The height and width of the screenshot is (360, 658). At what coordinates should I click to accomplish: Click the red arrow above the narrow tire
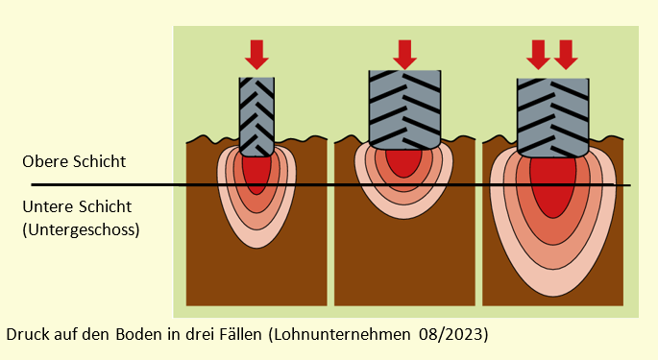256,55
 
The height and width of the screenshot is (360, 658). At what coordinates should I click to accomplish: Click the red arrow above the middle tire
404,55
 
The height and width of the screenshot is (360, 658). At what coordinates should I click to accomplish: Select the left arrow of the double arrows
538,55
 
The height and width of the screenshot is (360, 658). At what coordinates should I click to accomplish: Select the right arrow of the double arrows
566,55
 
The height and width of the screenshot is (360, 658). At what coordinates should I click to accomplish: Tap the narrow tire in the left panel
256,117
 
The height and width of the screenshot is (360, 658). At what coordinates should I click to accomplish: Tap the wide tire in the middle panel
404,109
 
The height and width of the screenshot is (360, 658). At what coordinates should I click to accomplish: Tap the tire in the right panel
552,117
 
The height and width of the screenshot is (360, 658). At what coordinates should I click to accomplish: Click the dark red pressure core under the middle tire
403,163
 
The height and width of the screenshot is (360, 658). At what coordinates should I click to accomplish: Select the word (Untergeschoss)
81,230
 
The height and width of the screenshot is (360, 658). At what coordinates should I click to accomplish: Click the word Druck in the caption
26,334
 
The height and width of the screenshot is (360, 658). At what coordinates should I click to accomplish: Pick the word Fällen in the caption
240,334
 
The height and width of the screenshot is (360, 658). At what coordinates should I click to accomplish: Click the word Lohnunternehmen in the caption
340,335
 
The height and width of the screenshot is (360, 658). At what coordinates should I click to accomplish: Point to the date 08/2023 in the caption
453,335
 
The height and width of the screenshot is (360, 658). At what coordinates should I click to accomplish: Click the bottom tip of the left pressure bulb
256,248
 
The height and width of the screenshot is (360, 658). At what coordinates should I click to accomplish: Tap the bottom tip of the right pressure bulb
553,297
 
